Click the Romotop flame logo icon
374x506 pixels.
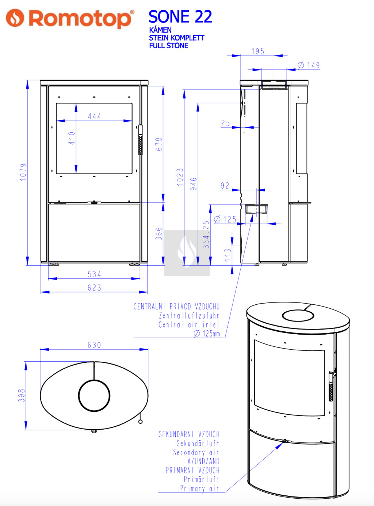pos(15,18)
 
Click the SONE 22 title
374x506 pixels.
pos(180,17)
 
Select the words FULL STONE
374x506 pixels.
pos(168,46)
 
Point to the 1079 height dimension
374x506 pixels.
pos(23,172)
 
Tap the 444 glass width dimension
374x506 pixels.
pos(94,117)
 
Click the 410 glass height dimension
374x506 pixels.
pos(72,138)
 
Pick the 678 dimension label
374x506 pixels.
pos(159,144)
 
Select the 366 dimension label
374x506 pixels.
pos(159,234)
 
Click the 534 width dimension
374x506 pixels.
pos(94,274)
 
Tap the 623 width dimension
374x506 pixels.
pos(94,288)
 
